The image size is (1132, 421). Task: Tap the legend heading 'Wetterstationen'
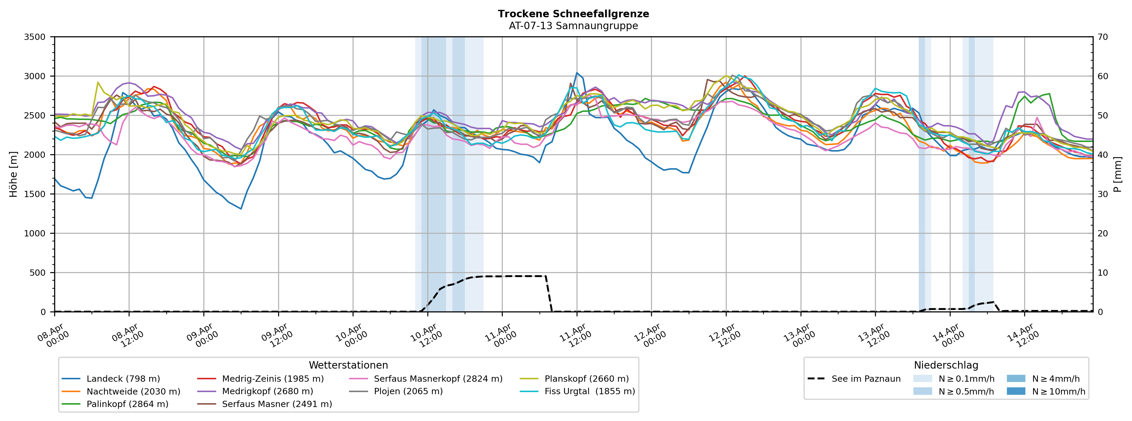click(348, 365)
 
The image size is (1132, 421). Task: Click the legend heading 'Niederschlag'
click(946, 365)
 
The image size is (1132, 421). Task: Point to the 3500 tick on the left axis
click(35, 37)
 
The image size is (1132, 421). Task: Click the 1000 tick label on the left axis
click(35, 233)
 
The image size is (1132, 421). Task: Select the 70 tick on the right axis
click(1103, 37)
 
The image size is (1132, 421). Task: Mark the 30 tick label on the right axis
click(1103, 194)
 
